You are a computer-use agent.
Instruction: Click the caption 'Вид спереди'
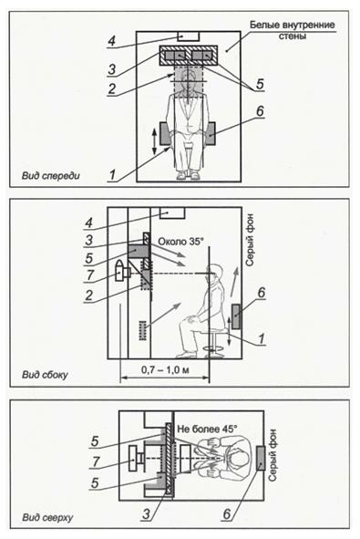50,176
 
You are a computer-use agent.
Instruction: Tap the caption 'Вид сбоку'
45,374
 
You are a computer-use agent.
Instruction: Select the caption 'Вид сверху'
47,517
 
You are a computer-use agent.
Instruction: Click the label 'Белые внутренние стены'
292,30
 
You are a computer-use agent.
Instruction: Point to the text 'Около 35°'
179,242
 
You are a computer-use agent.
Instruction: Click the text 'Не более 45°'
207,429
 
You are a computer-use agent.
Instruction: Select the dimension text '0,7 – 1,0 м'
165,370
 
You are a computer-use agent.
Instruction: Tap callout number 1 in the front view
112,175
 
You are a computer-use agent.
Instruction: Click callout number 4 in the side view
89,223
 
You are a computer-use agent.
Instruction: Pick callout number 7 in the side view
90,275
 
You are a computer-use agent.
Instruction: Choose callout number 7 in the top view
97,461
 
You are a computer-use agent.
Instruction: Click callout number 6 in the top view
227,513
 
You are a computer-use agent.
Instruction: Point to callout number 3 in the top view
147,513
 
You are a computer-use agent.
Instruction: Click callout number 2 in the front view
111,88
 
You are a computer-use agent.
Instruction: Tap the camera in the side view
123,272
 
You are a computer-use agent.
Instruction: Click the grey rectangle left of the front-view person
166,133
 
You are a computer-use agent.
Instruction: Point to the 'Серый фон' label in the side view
250,239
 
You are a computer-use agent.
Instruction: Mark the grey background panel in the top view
261,458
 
